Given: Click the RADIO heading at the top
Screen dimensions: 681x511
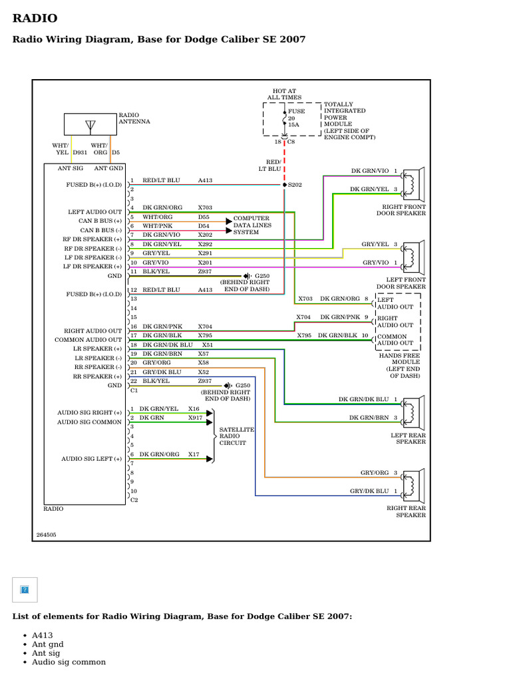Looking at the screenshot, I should [35, 19].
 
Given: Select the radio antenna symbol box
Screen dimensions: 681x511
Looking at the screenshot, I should [90, 124].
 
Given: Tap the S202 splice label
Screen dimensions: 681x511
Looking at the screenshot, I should [295, 184].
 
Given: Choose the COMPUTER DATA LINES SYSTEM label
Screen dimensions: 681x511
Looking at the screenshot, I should [252, 225].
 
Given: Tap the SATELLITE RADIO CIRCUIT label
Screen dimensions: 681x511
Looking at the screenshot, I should [237, 436].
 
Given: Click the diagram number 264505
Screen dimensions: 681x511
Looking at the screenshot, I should [47, 534].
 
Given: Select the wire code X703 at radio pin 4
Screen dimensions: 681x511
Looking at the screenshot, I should [205, 207].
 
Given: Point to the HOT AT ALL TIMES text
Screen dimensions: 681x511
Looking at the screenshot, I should [284, 94].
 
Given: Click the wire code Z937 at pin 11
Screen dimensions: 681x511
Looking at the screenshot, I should [205, 271].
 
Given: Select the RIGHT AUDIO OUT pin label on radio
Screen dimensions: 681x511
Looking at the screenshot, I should [92, 331].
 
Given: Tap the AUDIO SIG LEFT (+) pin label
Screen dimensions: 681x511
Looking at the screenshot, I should [92, 459].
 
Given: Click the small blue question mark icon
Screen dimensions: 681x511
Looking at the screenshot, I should [25, 589].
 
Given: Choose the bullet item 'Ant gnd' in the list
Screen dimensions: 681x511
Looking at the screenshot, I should [48, 644].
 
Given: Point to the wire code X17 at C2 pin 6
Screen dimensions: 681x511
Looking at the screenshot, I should [194, 454].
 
